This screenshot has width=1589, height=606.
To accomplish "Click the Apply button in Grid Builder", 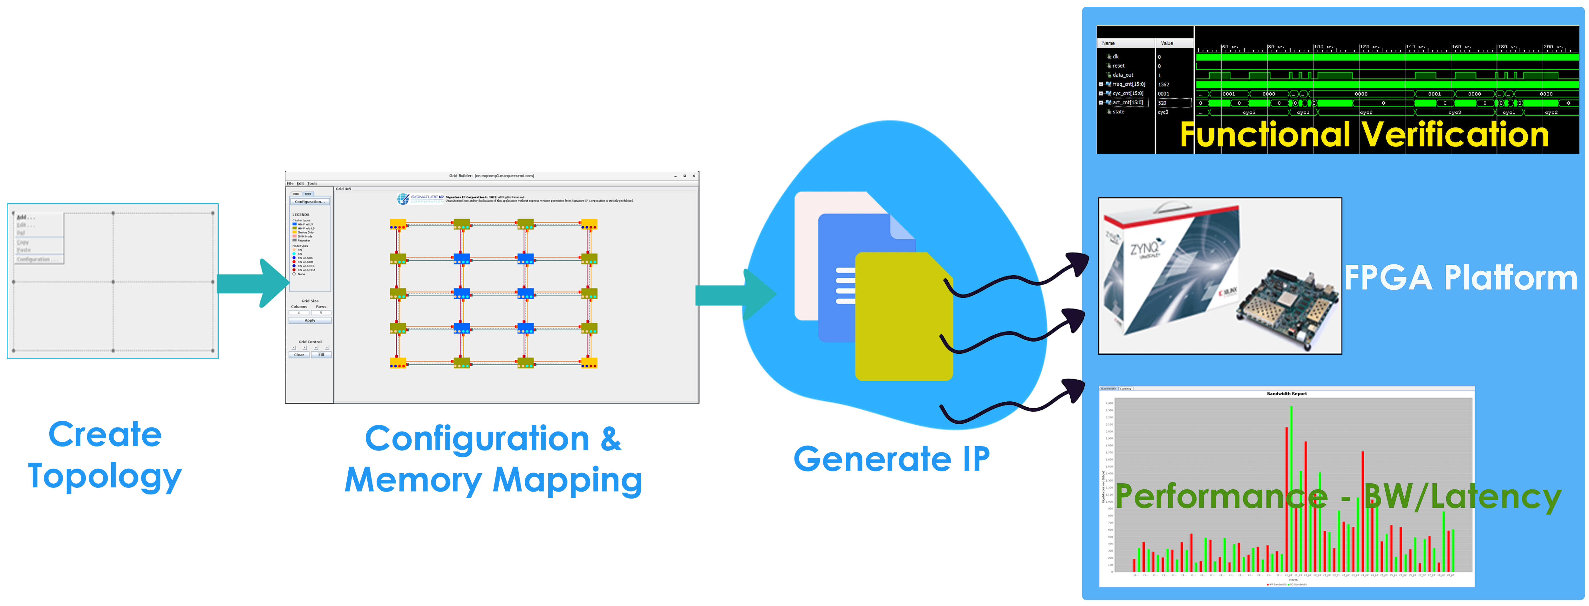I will click(x=310, y=320).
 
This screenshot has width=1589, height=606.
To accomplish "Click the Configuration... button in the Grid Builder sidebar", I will click(x=310, y=202).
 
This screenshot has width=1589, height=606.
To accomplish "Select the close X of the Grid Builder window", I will click(x=694, y=176).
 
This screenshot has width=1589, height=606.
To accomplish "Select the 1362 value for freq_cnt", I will click(x=1163, y=85).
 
